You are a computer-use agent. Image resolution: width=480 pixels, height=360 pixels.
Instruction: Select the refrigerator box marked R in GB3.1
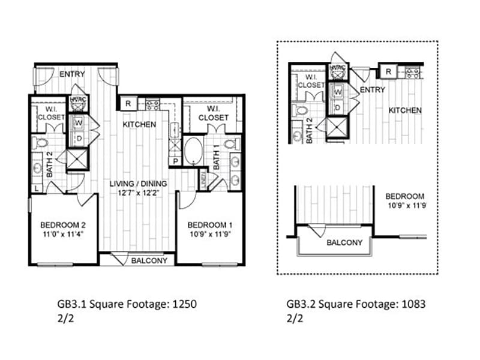pos(127,103)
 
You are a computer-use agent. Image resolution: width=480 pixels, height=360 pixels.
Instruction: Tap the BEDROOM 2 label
pos(62,225)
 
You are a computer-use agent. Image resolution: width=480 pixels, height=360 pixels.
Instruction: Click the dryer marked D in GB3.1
pos(78,139)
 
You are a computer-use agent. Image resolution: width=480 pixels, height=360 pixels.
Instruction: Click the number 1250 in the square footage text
pos(185,304)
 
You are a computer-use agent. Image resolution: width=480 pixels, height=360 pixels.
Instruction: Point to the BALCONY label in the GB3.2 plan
pos(344,242)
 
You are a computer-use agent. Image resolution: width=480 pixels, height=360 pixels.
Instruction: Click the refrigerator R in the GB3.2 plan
pos(388,72)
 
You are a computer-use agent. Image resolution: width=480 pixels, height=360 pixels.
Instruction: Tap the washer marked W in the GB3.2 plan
pos(338,92)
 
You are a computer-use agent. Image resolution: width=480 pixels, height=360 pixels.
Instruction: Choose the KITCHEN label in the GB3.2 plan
pos(404,110)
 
